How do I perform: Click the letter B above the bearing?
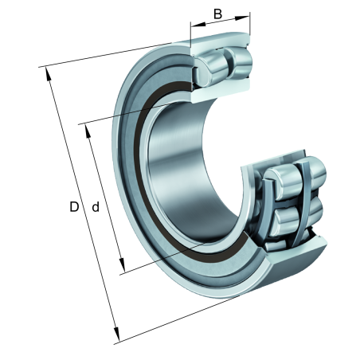217,14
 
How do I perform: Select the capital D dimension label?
73,207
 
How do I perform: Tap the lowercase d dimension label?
95,207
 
